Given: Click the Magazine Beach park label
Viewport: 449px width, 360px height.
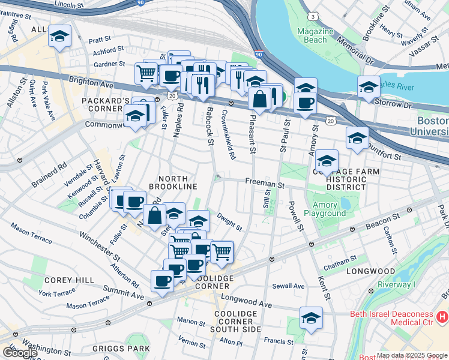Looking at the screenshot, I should point(315,35).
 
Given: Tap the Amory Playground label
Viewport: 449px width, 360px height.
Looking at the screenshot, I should point(325,209).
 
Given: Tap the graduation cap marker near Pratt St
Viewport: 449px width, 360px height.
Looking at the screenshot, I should point(59,35).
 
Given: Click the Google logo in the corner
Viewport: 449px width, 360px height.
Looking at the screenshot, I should point(19,353).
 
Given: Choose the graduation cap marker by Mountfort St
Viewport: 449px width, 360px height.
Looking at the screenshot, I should point(357,138).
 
